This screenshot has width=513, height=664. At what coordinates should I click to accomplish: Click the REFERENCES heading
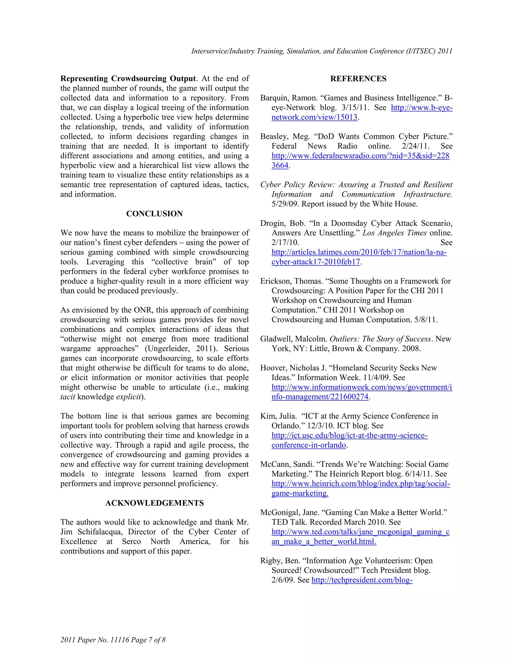(358, 79)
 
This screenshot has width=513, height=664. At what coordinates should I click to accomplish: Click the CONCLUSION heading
(154, 214)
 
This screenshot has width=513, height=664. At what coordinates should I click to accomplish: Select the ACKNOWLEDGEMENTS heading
(154, 503)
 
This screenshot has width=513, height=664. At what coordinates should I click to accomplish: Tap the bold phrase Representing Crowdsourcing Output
(128, 79)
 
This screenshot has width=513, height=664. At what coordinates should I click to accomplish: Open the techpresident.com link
(362, 580)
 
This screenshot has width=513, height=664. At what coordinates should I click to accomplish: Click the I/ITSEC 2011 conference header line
(322, 51)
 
